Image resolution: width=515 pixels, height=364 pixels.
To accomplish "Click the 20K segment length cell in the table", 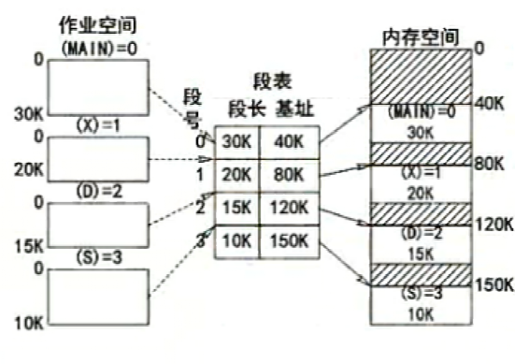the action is (234, 175).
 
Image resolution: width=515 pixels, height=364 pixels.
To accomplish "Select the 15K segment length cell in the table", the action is (234, 209).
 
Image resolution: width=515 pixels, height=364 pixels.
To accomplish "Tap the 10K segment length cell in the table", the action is (234, 242).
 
